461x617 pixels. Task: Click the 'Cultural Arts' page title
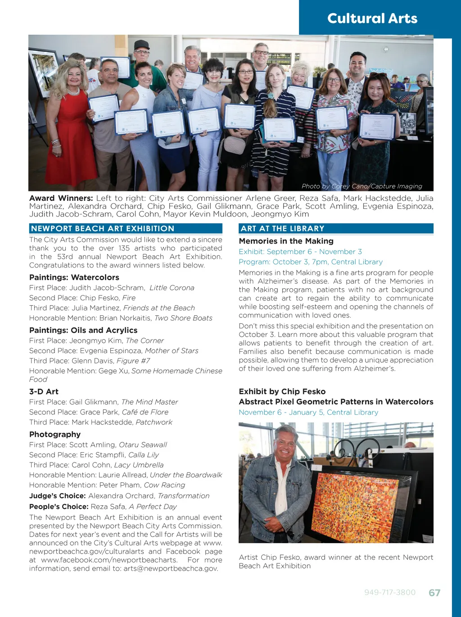(372, 18)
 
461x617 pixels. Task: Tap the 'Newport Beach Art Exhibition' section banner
(103, 229)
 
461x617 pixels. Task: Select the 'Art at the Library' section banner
(282, 229)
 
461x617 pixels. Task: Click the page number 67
(434, 593)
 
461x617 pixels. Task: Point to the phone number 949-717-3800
(390, 593)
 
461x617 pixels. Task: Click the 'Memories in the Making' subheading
(286, 241)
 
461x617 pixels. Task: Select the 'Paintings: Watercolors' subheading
(74, 277)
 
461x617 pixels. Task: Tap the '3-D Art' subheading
(44, 392)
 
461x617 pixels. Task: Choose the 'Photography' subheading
(55, 435)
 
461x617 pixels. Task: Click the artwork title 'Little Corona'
(172, 288)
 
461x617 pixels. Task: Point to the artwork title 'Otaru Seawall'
(143, 445)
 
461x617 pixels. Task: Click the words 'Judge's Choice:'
(57, 496)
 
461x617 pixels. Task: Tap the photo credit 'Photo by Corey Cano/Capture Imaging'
(362, 186)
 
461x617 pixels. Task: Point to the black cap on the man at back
(141, 45)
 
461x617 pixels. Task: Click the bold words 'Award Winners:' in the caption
(61, 198)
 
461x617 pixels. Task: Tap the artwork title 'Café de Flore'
(145, 412)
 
